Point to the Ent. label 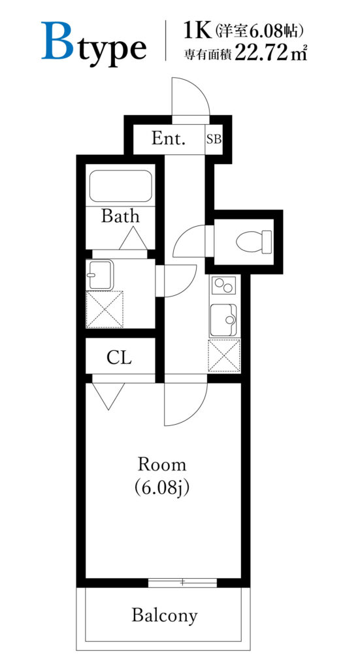point(169,139)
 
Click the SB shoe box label point(214,139)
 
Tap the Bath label point(120,216)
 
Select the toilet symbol point(254,241)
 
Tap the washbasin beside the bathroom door point(100,274)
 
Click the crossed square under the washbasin point(105,309)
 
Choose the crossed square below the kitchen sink point(224,356)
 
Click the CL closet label point(119,357)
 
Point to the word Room point(161,465)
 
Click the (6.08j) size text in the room point(161,487)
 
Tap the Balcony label point(165,615)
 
